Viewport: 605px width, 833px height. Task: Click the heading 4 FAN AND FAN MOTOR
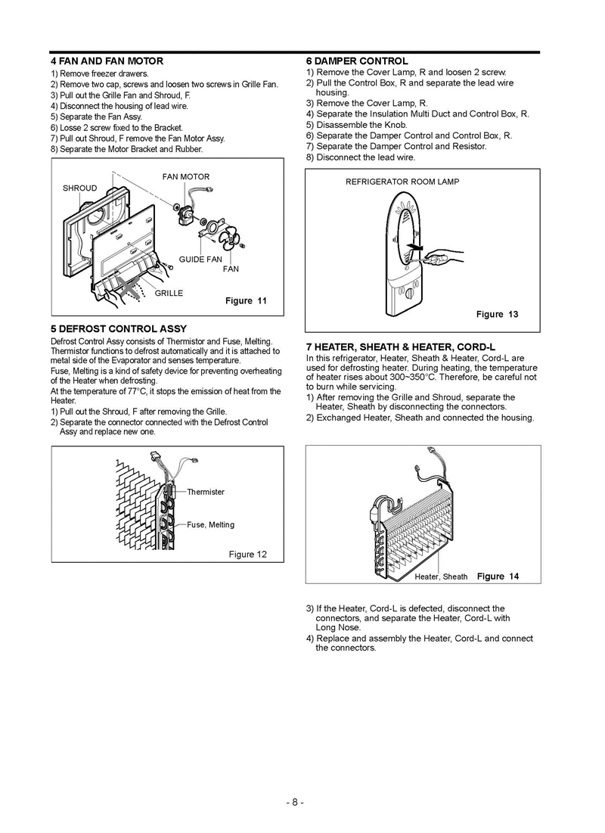click(x=106, y=61)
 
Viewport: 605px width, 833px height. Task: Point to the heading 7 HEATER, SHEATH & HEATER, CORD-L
click(x=401, y=347)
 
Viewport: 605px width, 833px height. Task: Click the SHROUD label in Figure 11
click(x=79, y=188)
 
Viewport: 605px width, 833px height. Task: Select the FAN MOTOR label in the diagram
click(x=186, y=177)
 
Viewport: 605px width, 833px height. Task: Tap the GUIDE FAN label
click(x=200, y=260)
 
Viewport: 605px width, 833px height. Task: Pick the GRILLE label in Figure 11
click(x=169, y=293)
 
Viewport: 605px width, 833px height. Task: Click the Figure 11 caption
click(x=246, y=300)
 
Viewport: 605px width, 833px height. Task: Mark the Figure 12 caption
click(x=247, y=555)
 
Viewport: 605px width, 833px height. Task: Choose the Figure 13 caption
click(x=497, y=314)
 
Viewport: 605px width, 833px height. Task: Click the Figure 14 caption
click(x=498, y=577)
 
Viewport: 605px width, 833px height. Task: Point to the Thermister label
click(x=206, y=492)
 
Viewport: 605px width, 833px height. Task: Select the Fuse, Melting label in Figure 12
click(x=210, y=524)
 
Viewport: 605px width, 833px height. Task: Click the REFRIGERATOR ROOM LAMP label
click(x=402, y=182)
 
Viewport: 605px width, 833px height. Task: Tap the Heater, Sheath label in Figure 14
click(x=441, y=577)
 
